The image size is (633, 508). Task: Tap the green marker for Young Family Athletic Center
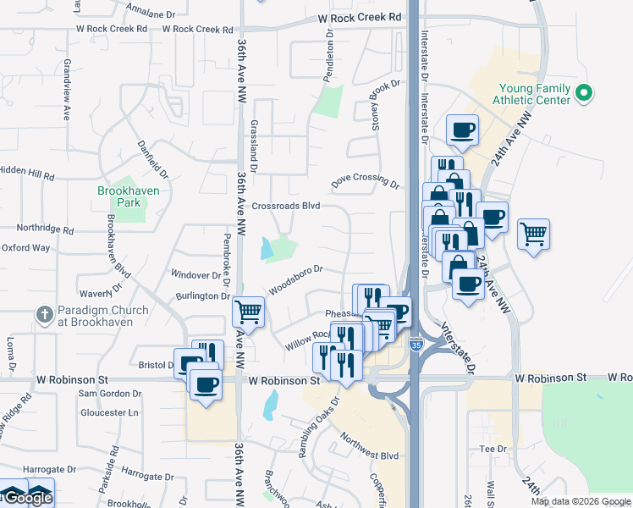coord(583,93)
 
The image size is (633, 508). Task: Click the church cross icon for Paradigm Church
coord(45,315)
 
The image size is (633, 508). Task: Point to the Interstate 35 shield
coord(416,344)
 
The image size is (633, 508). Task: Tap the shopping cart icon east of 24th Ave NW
coord(533,233)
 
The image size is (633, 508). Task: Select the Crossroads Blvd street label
coord(286,206)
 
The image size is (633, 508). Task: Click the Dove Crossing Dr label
coord(364,181)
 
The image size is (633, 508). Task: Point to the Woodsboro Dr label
coord(296,280)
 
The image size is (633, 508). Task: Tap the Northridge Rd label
coord(45,229)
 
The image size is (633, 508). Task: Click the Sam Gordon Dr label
coord(110,394)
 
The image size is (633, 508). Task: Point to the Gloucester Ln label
coord(108,412)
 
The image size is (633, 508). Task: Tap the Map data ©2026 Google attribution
coord(581,501)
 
